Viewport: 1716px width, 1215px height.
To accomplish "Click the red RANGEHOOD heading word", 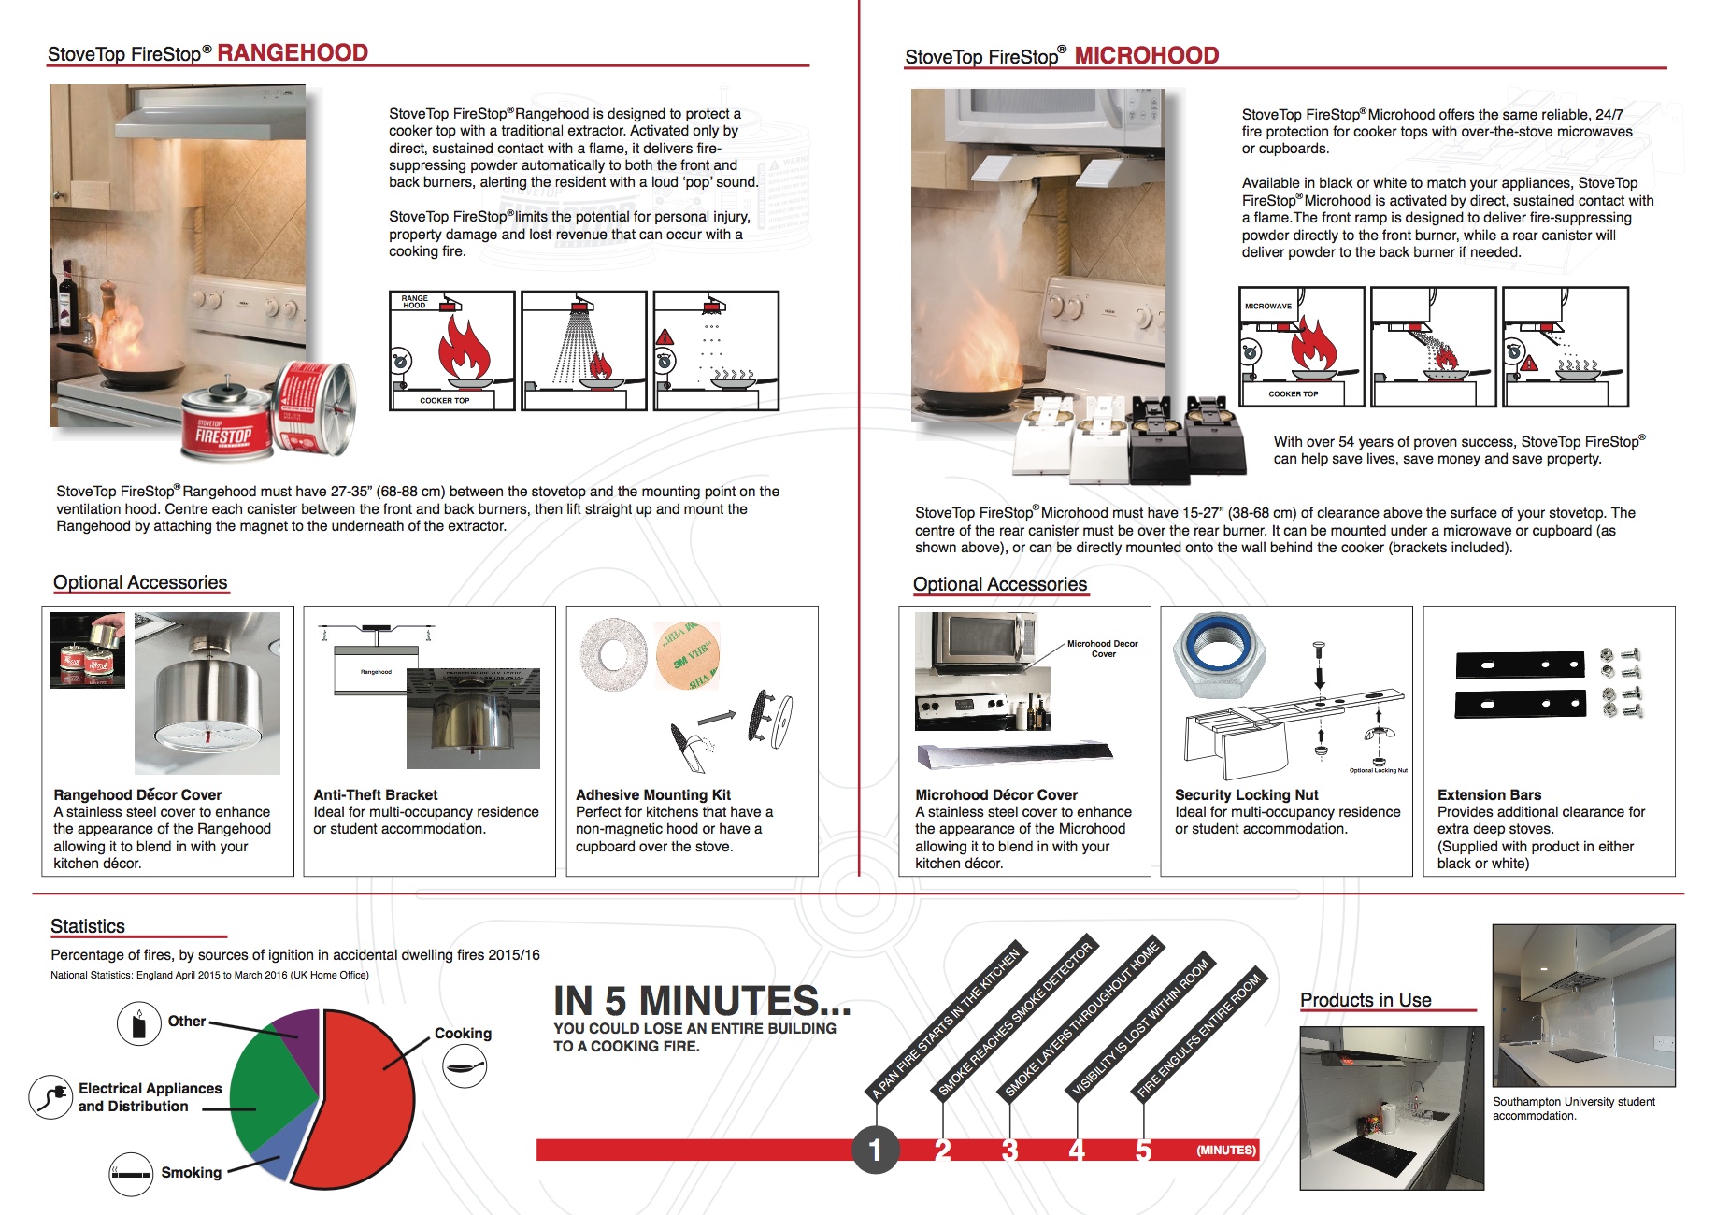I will click(293, 52).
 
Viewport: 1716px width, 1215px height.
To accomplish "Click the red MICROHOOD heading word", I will click(1146, 55).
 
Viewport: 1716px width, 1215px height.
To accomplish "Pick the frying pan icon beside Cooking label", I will click(464, 1066).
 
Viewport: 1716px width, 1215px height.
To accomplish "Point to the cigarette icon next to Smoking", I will click(131, 1174).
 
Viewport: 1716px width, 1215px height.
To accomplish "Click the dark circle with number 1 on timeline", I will click(875, 1150).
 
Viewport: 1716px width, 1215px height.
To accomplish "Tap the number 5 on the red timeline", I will click(1143, 1151).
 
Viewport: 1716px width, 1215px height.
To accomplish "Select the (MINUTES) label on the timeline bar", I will click(1225, 1151).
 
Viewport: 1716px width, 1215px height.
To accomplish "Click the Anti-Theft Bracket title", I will click(375, 794).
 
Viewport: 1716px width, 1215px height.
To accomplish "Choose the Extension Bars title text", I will click(1489, 794).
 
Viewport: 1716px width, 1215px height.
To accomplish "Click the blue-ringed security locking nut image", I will click(1217, 656).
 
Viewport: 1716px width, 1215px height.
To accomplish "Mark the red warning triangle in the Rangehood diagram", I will click(665, 336).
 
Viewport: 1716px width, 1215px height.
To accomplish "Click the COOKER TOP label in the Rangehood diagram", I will click(444, 400).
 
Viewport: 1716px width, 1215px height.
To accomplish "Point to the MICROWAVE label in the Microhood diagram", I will click(1267, 307).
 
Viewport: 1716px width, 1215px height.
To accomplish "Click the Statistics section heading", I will click(88, 926).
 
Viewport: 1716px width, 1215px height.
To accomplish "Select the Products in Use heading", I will click(1366, 1000).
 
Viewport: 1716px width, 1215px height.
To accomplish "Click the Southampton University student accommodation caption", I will click(1573, 1108).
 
